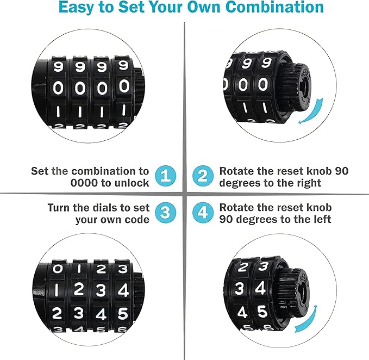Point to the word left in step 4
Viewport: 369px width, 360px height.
(321, 220)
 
